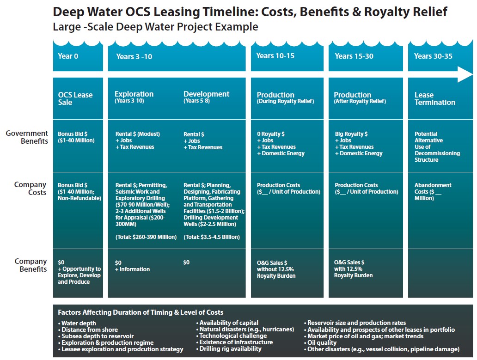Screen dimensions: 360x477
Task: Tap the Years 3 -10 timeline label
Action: pos(134,56)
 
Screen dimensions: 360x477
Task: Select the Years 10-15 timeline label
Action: pos(275,56)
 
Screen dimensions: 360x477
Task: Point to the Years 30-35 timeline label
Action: pos(433,56)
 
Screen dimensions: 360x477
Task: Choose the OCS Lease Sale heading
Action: pos(75,98)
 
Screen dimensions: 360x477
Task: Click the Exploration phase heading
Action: pos(134,94)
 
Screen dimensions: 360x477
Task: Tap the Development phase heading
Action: pos(206,94)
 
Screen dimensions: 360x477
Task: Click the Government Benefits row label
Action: pos(27,137)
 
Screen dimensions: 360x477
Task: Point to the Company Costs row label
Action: pos(31,189)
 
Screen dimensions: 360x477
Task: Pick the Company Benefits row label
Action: pos(31,265)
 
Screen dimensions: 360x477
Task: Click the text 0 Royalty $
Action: pos(271,134)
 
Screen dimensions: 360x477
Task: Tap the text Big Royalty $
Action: pos(351,134)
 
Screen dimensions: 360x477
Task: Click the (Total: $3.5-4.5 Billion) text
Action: pos(212,237)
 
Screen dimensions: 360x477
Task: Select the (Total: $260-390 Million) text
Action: pos(146,237)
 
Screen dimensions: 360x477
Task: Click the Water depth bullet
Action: pos(79,323)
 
